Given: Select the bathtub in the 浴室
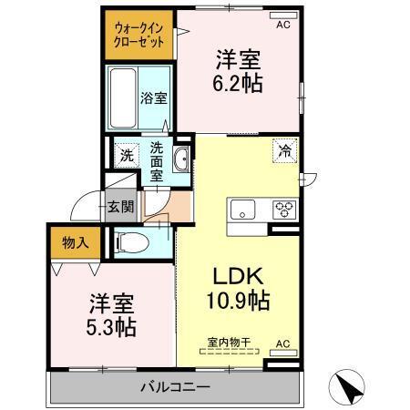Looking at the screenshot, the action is click(123, 98).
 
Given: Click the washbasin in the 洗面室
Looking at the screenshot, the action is click(181, 159).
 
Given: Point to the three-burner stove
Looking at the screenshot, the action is click(284, 210).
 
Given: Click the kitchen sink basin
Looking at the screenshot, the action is click(242, 210).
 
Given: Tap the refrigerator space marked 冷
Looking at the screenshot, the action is click(284, 151).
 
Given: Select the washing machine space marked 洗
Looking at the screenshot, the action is click(127, 156).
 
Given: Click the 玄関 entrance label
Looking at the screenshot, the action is click(121, 208).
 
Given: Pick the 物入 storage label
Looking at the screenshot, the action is click(76, 242).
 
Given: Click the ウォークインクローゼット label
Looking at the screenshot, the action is click(138, 36).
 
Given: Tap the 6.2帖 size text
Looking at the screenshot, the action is click(238, 83).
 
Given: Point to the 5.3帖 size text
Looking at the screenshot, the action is click(111, 327).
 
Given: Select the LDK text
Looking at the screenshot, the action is click(238, 276).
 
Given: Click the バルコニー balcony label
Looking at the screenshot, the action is click(175, 387).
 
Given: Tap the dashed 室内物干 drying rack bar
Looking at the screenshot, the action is click(230, 352).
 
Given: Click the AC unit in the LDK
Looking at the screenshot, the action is click(283, 353).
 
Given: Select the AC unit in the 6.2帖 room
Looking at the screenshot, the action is click(283, 15).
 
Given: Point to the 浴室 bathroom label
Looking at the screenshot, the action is click(154, 97).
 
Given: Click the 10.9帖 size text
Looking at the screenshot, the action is click(238, 301).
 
